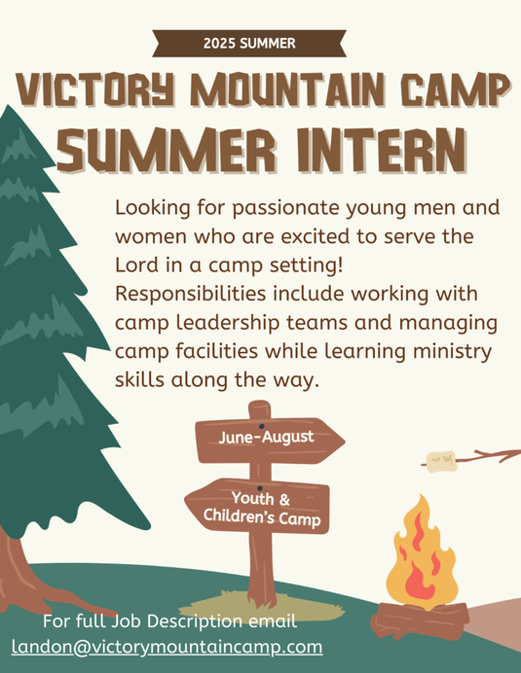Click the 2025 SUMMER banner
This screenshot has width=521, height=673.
pyautogui.click(x=249, y=43)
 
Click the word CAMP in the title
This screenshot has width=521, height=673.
pyautogui.click(x=453, y=92)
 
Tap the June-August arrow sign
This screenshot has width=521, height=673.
pyautogui.click(x=268, y=438)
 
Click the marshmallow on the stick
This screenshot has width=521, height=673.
pyautogui.click(x=440, y=459)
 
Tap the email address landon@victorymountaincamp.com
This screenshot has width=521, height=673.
pyautogui.click(x=167, y=646)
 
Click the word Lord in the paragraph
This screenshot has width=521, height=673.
pyautogui.click(x=138, y=265)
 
